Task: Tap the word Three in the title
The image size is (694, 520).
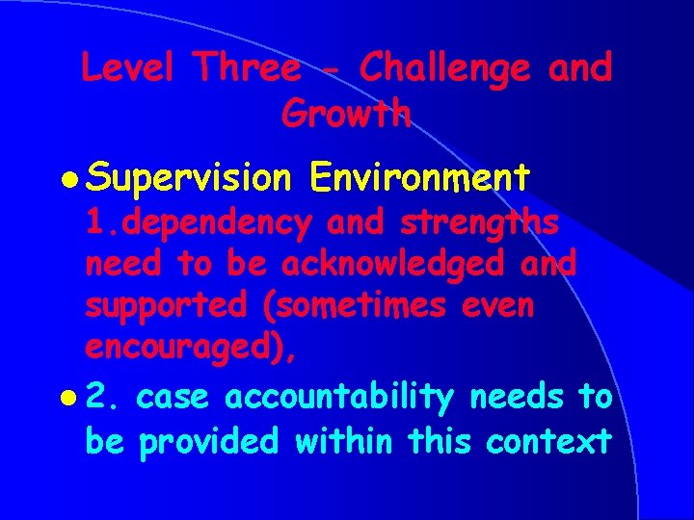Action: pos(247,68)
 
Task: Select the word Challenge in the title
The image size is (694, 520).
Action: pos(444,68)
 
